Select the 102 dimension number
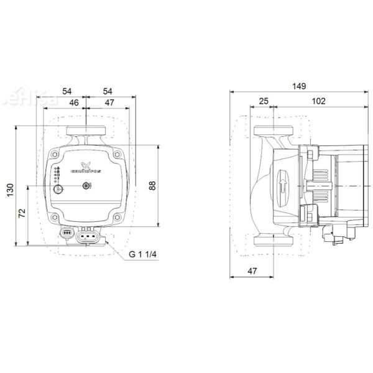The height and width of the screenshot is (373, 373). [318, 101]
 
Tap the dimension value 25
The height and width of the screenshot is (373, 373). [263, 101]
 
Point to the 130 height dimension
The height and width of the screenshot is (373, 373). [9, 189]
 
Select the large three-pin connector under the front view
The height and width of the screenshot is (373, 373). [87, 236]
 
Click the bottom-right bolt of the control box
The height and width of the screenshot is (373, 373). [118, 218]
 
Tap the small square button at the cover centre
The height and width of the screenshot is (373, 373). [86, 185]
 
